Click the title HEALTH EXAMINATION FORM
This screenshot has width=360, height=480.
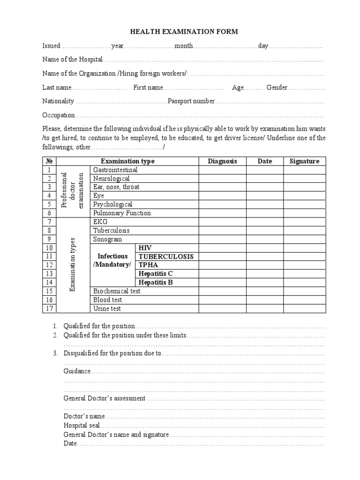coord(184,32)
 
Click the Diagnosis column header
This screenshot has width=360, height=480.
coord(223,161)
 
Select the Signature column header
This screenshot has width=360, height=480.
coord(304,161)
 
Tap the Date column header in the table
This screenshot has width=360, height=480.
coord(265,161)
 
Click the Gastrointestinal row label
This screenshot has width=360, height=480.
coord(115,170)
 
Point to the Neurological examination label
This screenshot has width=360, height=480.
coord(112,179)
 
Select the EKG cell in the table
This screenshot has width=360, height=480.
coord(101,222)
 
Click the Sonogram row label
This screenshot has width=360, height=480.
coord(107,239)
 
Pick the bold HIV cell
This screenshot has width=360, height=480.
coord(145,248)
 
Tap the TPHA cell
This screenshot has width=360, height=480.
coord(148,265)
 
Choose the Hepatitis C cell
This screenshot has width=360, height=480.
coord(156,274)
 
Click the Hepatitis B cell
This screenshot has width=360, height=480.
coord(156,282)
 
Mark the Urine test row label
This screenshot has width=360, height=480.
coord(107,308)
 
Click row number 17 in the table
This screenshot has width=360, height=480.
coord(49,308)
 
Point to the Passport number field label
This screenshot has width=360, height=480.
coord(191,101)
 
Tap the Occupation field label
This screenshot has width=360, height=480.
coord(59,115)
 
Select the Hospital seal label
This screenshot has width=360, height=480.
coord(82,426)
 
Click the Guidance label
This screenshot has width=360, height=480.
coord(77,371)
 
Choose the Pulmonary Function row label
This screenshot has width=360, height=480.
coord(122,213)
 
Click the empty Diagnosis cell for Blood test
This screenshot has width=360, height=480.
coord(223,300)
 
